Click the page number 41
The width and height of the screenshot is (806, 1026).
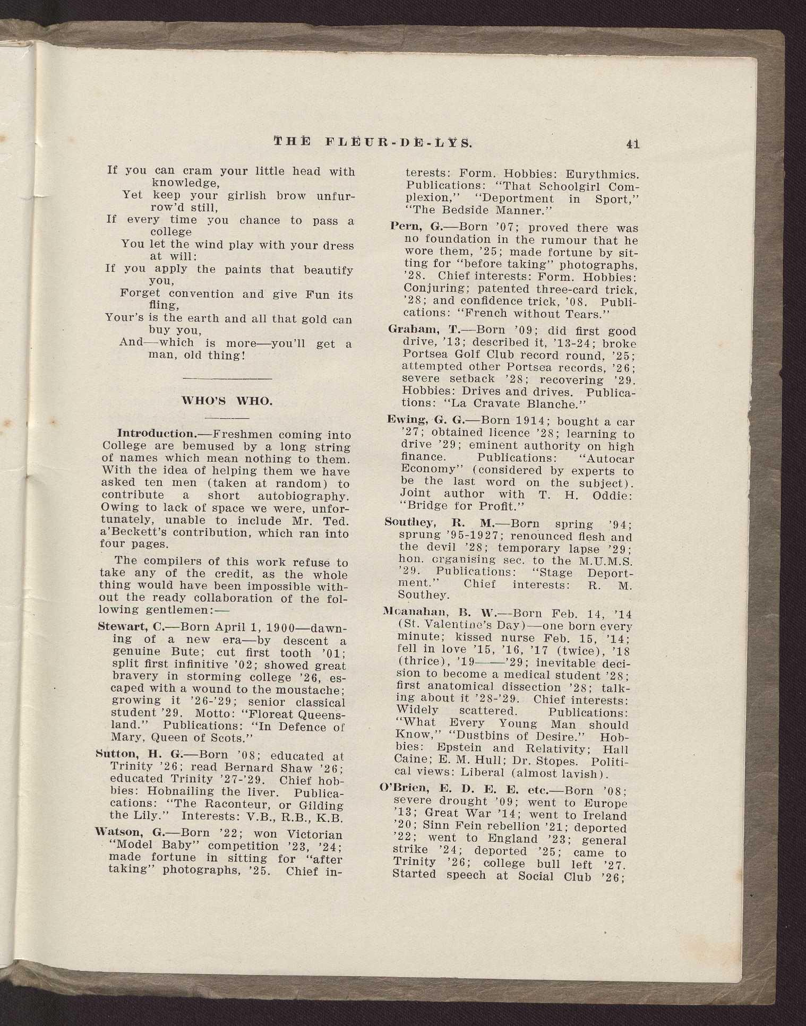click(x=632, y=143)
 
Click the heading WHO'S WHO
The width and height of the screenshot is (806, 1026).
click(x=227, y=401)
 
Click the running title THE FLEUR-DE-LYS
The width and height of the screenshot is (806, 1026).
click(x=372, y=142)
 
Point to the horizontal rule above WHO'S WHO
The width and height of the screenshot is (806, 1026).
click(x=227, y=378)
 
